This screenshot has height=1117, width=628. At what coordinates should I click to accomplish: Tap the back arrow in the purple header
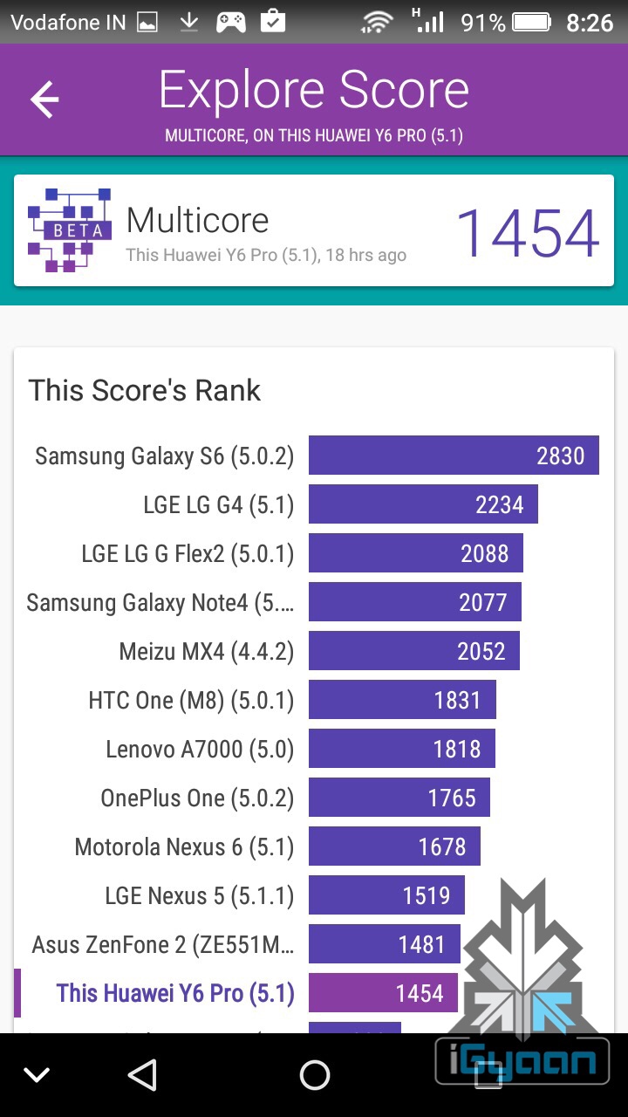tap(44, 100)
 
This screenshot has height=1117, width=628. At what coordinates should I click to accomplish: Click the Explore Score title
tap(314, 91)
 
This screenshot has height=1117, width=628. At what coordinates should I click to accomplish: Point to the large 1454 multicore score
tap(528, 233)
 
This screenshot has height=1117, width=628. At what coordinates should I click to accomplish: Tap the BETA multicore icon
tap(70, 230)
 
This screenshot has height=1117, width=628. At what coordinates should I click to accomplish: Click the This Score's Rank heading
tap(145, 390)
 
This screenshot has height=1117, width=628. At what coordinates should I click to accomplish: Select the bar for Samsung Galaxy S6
tap(454, 456)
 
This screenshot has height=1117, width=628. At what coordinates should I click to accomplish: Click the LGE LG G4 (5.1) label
tap(219, 504)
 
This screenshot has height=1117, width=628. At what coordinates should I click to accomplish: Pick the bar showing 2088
tap(416, 553)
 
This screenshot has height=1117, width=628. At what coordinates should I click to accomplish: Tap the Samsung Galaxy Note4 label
tap(160, 602)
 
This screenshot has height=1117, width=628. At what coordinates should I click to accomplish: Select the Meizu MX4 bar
tap(414, 651)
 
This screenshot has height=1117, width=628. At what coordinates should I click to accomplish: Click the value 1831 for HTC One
tap(457, 700)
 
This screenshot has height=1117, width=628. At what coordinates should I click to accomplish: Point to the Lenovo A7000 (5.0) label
tap(200, 749)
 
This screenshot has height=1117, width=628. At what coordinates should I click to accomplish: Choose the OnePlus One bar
tap(399, 798)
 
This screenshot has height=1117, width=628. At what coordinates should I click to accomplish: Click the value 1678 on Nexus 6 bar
tap(442, 846)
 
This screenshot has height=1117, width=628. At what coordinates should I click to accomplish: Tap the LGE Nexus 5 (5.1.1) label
tap(200, 895)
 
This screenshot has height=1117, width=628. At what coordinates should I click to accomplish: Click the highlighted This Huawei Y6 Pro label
tap(175, 993)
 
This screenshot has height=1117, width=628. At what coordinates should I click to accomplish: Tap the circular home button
tap(314, 1075)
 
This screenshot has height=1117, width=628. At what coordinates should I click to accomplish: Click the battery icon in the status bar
tap(532, 22)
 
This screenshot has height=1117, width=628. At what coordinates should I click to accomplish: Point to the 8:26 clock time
tap(590, 22)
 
